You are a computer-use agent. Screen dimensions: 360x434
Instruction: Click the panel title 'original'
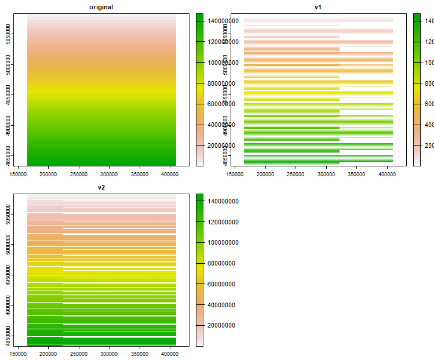pos(101,6)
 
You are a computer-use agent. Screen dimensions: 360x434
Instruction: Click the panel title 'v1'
pos(318,6)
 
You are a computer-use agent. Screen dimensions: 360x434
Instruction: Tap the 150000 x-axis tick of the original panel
pos(18,173)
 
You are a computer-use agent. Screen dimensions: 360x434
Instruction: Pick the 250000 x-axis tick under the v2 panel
pos(79,354)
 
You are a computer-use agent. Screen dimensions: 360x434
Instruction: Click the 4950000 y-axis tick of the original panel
pos(16,94)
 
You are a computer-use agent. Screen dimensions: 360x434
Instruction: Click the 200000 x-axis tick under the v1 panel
pos(265,173)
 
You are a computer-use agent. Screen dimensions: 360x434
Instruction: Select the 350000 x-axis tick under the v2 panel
pos(139,354)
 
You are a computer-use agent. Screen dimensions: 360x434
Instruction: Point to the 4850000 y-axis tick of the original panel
pos(16,156)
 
